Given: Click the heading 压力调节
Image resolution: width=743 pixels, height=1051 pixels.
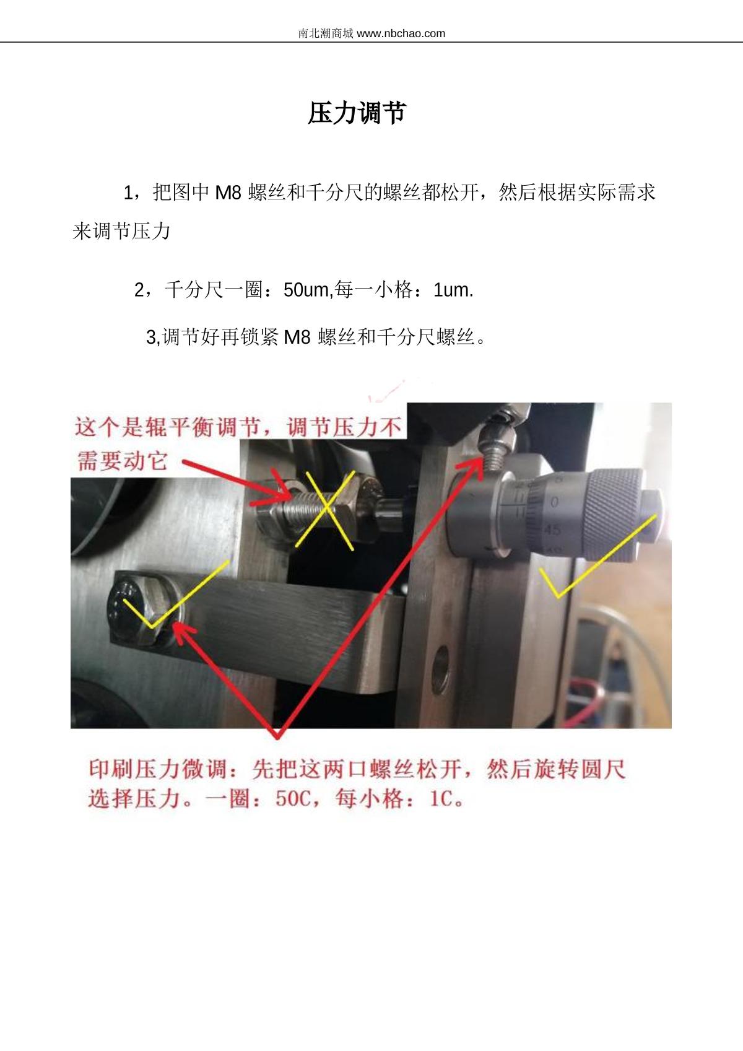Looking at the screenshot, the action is [x=357, y=113].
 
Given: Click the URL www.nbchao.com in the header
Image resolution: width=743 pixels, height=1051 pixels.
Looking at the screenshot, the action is [x=401, y=33].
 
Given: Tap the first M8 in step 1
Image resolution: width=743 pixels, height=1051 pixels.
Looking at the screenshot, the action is [x=228, y=193].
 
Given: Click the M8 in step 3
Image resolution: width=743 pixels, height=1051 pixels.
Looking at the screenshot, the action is [x=297, y=337].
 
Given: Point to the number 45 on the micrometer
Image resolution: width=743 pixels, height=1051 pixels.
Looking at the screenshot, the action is [x=552, y=530].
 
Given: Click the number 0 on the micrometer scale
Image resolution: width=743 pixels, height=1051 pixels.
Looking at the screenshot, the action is [x=554, y=502].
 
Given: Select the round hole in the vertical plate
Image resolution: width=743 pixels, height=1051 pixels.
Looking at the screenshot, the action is [x=441, y=665].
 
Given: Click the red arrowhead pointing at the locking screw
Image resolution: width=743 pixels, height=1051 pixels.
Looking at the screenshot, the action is [x=472, y=468].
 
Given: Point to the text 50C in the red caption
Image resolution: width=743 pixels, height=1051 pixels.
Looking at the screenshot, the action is [x=293, y=798].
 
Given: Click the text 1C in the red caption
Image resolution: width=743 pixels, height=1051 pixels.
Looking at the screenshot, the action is [x=441, y=798].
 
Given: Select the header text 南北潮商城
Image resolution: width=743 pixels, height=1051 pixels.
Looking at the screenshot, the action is [x=326, y=33].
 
